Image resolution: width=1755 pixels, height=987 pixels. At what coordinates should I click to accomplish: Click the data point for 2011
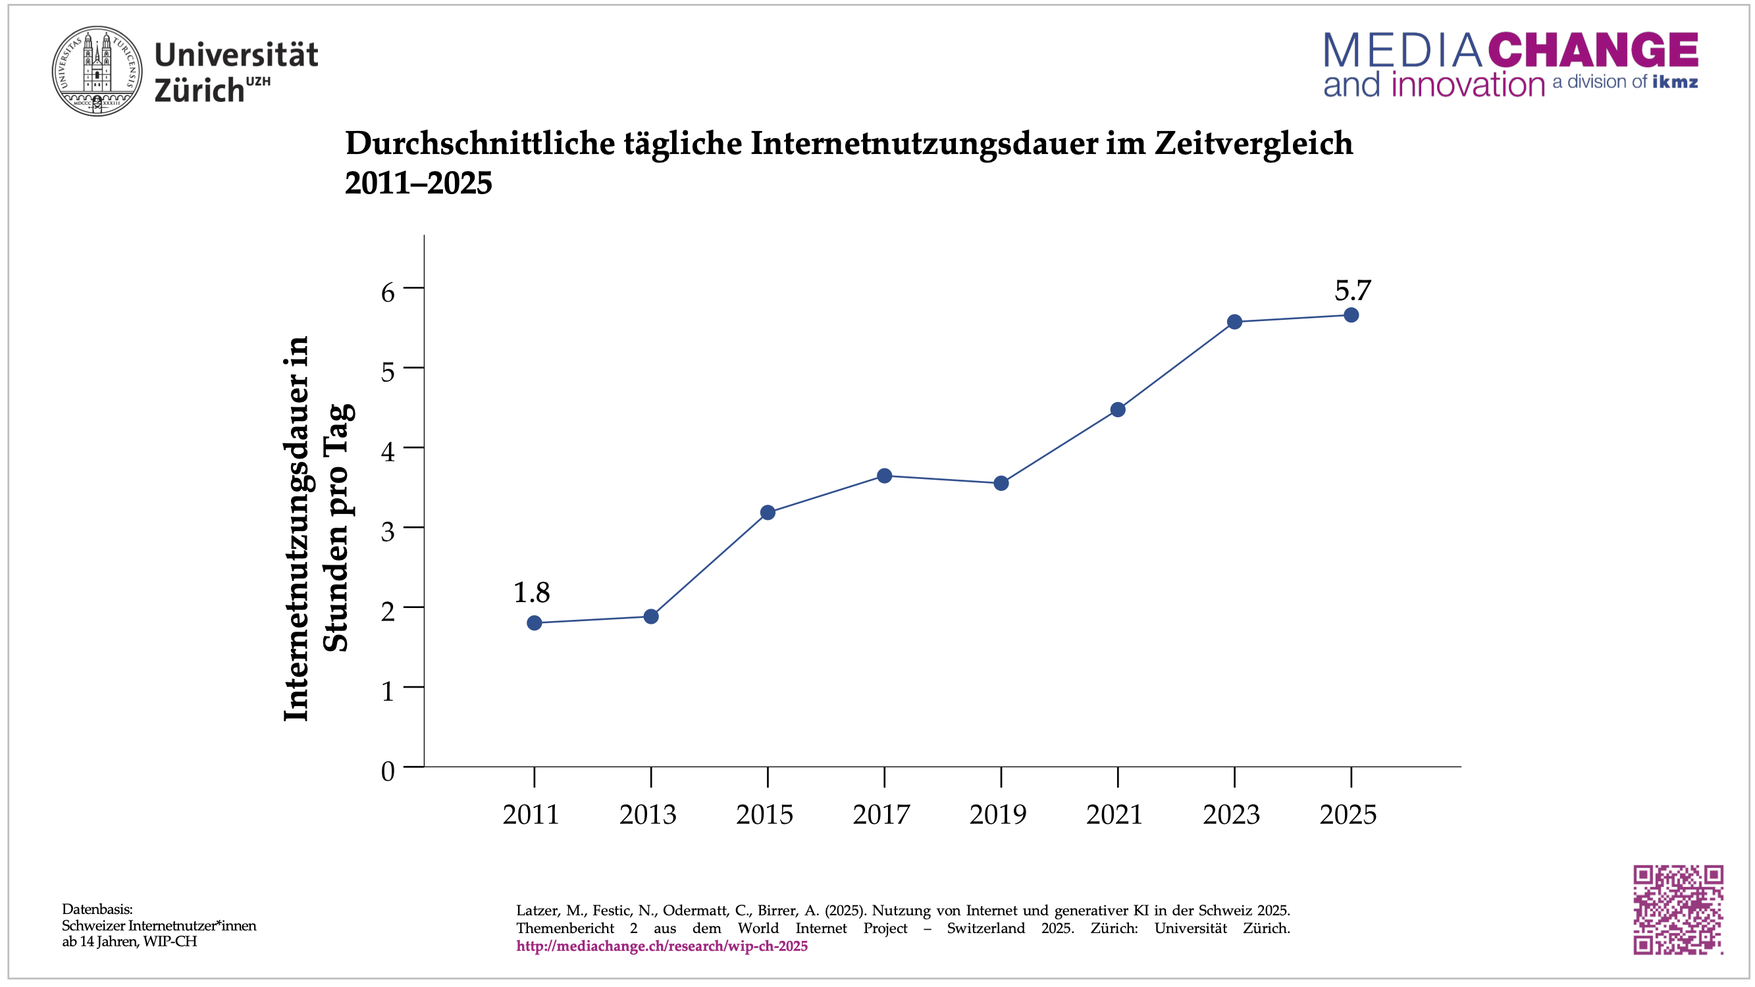point(534,622)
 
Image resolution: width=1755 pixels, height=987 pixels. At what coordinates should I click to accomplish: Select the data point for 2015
point(767,512)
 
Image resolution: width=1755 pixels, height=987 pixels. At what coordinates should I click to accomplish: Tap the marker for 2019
point(1001,483)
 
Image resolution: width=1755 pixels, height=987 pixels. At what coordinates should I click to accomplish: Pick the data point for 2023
point(1234,322)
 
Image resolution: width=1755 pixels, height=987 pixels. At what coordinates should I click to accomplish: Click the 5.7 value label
point(1352,291)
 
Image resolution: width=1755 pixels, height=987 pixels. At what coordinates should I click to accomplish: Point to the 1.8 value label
point(531,593)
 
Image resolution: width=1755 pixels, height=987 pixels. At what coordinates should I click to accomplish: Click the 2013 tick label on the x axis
point(647,815)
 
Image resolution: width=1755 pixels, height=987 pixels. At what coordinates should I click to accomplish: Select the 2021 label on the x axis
point(1114,815)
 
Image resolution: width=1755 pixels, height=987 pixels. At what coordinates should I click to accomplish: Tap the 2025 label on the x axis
point(1348,815)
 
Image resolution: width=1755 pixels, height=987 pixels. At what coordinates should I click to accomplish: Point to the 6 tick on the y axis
point(388,292)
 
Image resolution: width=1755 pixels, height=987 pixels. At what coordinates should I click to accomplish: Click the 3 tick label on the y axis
point(388,531)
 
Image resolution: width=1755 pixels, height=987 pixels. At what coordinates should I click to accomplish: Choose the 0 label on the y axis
point(388,771)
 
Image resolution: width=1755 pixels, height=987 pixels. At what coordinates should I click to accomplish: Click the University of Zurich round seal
point(97,71)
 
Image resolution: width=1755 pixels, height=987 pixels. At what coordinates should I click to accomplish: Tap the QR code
point(1677,909)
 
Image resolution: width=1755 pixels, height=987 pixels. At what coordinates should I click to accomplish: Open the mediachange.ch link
point(662,946)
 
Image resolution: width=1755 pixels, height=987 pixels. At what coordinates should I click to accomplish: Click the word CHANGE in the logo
point(1593,50)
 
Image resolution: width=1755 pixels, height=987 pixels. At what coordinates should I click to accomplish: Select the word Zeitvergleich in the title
point(1253,143)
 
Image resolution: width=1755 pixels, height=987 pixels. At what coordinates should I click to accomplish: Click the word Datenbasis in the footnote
point(97,909)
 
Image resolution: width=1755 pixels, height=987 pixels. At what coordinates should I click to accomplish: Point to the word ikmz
point(1675,82)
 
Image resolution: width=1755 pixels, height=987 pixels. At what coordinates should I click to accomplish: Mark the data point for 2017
point(884,476)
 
